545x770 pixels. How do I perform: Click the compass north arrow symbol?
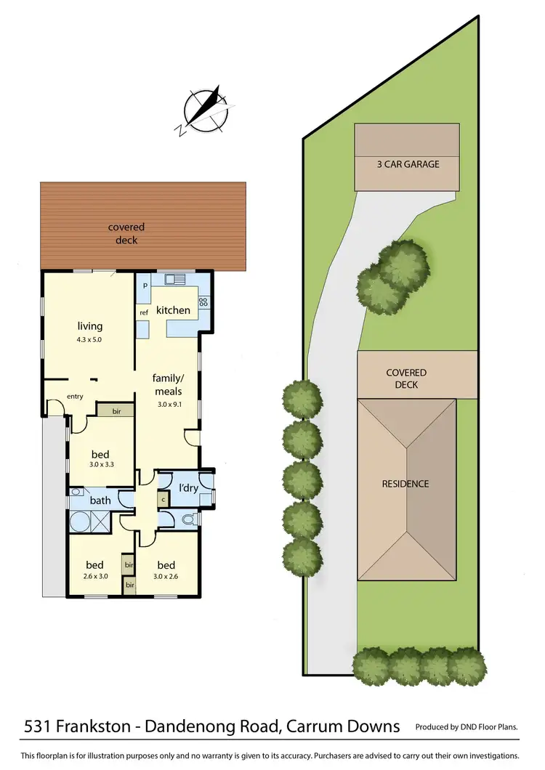(x=206, y=111)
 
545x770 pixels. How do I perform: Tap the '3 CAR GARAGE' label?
(x=406, y=164)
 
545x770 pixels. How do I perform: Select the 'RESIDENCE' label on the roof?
(x=405, y=484)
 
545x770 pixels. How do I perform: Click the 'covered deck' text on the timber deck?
(x=126, y=234)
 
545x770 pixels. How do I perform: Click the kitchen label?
(x=173, y=310)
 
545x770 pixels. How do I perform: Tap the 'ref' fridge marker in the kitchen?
(x=144, y=313)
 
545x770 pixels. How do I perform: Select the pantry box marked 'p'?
(x=145, y=285)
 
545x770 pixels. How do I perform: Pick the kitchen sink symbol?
(x=175, y=278)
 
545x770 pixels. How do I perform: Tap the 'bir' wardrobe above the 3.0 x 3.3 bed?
(x=116, y=411)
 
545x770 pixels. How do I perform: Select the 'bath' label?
(x=100, y=500)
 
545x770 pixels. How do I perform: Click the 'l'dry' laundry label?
(x=188, y=487)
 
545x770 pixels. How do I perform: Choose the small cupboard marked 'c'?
(x=163, y=499)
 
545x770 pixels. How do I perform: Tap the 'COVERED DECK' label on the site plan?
(x=406, y=378)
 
